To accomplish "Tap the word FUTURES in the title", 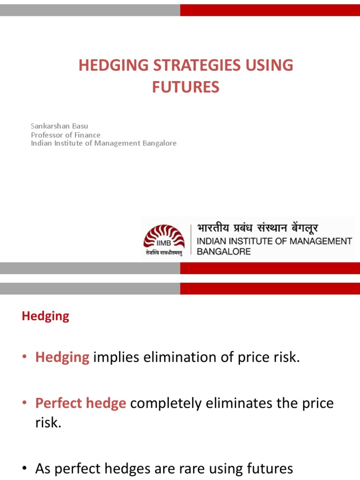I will (x=186, y=87).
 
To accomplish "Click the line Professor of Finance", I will (x=66, y=135).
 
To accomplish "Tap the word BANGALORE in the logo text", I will (x=224, y=251).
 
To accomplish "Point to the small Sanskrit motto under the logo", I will (x=162, y=253).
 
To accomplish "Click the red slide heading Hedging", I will (x=45, y=316).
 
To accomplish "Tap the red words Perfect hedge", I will (x=81, y=403).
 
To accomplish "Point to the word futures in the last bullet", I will (x=267, y=468).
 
